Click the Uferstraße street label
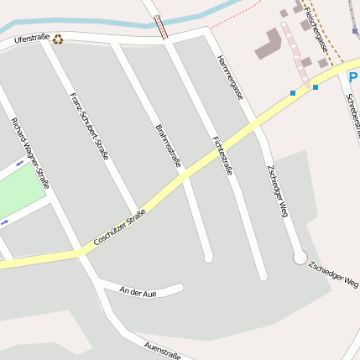33,39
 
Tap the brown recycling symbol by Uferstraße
58,38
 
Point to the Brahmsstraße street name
169,145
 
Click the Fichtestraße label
222,151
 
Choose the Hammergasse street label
230,78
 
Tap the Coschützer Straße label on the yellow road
121,227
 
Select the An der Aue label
138,292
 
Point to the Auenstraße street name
163,350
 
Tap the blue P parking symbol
353,77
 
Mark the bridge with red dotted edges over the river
161,27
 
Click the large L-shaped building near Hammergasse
269,44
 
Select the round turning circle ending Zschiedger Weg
300,258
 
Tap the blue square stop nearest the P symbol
316,86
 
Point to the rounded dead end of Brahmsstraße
208,258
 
